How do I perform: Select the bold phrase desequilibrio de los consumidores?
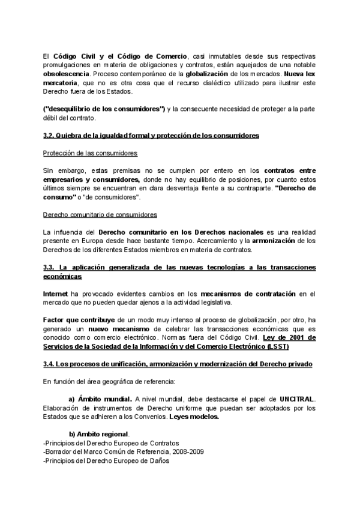(x=104, y=109)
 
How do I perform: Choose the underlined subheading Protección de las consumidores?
(x=90, y=153)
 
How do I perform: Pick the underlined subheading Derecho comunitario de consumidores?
(x=100, y=214)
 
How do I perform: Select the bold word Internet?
(x=55, y=294)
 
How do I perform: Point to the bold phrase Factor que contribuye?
(x=80, y=320)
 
